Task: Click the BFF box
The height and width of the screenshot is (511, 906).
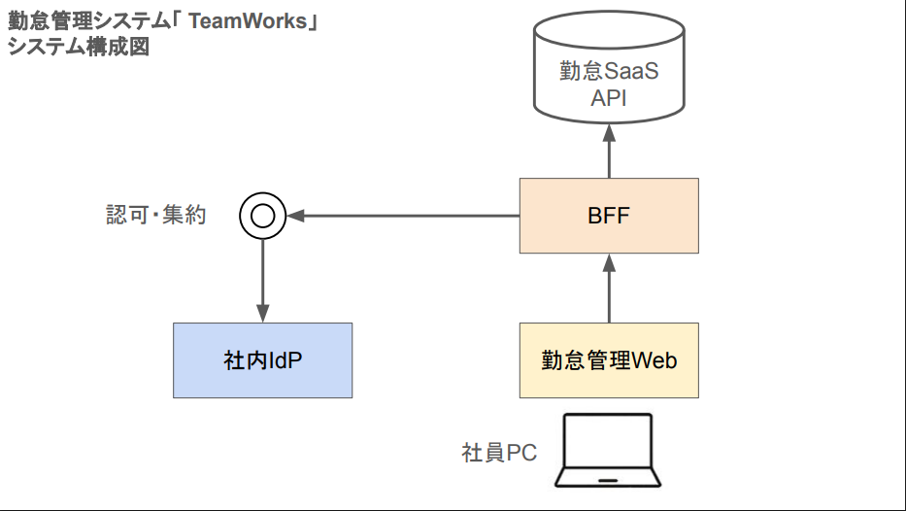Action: click(609, 216)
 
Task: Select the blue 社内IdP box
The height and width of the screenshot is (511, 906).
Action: click(262, 360)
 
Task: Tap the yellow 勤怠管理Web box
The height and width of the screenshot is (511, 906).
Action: click(609, 360)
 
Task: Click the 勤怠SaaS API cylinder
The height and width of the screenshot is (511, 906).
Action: click(609, 73)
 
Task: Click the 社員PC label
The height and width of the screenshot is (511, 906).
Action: click(499, 453)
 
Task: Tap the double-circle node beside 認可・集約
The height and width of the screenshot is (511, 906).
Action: click(262, 216)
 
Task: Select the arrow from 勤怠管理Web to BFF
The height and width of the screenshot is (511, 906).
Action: click(609, 289)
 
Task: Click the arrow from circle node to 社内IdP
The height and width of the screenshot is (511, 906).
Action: click(262, 282)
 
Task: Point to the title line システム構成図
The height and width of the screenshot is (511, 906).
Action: click(79, 46)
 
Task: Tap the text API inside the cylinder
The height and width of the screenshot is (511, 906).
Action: click(609, 97)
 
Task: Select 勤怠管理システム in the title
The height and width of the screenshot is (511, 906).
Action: click(87, 20)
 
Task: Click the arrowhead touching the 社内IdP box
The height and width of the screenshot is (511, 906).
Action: click(262, 313)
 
